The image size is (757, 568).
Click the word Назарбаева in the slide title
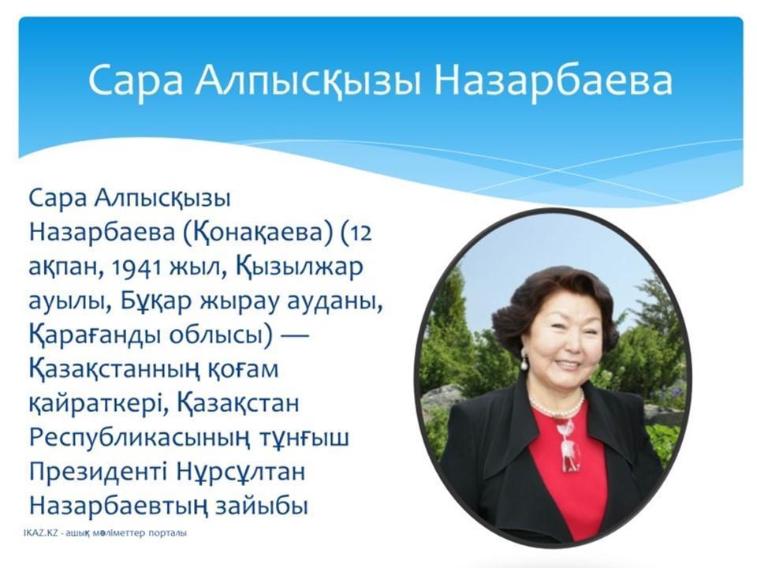point(553,80)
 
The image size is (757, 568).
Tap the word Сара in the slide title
point(136,80)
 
